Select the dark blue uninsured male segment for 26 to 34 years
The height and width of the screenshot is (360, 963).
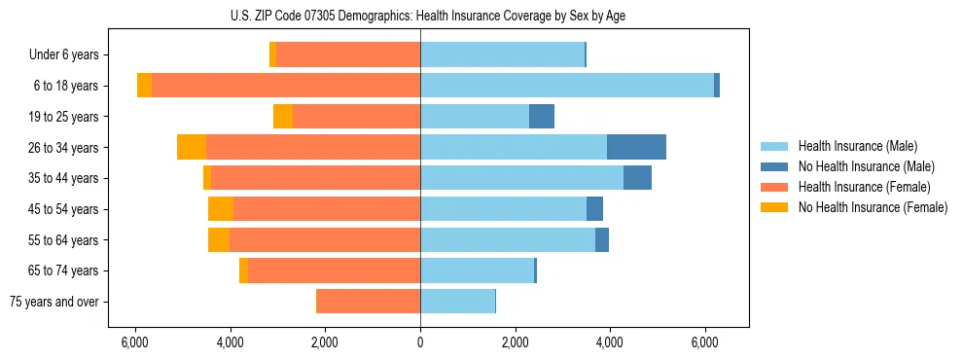(x=636, y=147)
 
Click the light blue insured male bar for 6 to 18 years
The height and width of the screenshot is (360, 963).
(x=566, y=86)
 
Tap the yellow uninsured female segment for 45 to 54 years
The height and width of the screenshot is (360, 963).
(x=221, y=208)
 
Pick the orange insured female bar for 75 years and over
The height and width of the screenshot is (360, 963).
(x=369, y=302)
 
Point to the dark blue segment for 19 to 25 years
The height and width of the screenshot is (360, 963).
(x=542, y=117)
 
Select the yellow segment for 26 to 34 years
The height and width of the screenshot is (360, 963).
(x=192, y=147)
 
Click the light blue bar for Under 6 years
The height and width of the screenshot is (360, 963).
(x=502, y=54)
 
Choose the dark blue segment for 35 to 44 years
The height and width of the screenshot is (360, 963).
(x=637, y=178)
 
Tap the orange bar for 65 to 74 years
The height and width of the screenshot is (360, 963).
(x=334, y=270)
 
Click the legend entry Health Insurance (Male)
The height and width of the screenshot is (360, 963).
(x=851, y=146)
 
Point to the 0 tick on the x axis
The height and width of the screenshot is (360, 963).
(x=420, y=342)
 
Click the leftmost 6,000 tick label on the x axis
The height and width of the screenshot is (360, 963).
(x=135, y=342)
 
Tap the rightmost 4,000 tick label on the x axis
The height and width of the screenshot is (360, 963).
(x=610, y=342)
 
